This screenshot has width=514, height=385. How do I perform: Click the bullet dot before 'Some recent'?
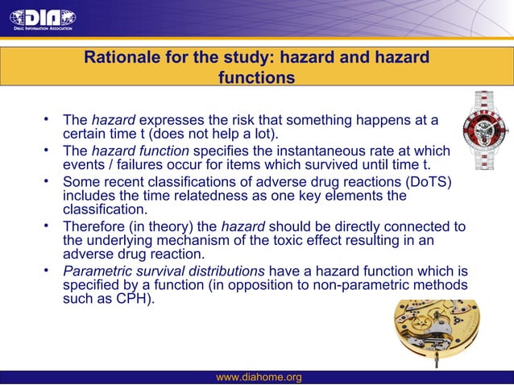click(x=48, y=179)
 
